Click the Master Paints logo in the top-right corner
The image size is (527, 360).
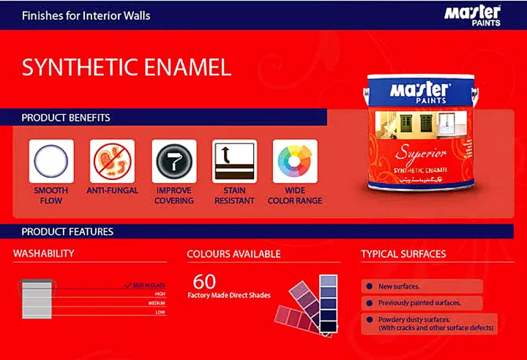(x=473, y=14)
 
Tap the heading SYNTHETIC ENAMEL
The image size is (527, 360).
(x=127, y=67)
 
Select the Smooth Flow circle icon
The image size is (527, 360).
(x=51, y=161)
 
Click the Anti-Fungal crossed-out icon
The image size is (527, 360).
(x=112, y=161)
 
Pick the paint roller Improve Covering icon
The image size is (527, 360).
(x=173, y=161)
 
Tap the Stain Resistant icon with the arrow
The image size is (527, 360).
(x=234, y=161)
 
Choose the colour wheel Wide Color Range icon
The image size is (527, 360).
(x=295, y=161)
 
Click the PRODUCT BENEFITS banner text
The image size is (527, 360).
(x=66, y=117)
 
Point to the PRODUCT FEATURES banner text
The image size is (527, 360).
(x=67, y=231)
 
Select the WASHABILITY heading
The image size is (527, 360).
(x=43, y=254)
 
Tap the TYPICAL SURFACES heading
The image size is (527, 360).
(x=403, y=254)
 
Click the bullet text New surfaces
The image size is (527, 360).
(x=399, y=286)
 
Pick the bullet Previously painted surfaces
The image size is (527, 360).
(x=418, y=302)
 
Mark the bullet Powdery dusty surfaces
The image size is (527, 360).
(x=414, y=320)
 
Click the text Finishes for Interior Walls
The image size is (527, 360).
(x=86, y=15)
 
